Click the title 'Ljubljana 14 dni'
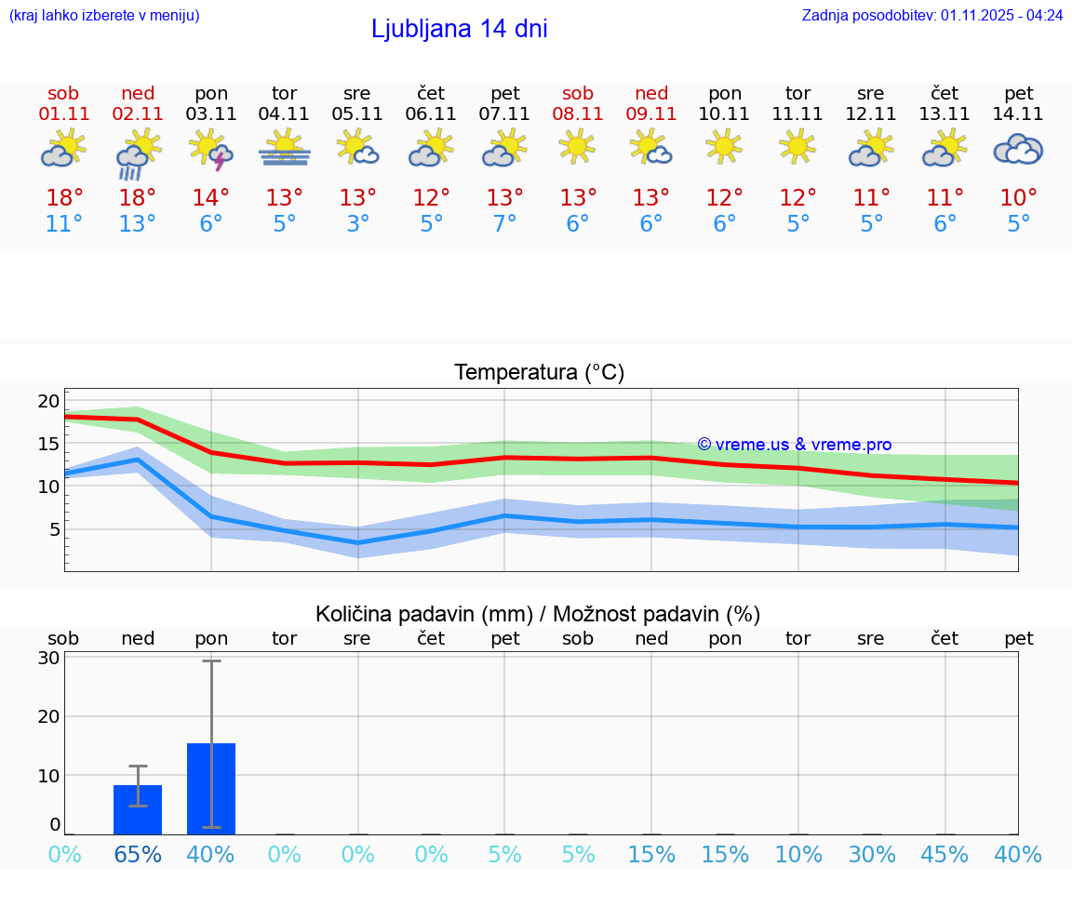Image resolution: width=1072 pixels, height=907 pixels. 459,29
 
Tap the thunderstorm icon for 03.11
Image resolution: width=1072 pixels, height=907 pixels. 211,150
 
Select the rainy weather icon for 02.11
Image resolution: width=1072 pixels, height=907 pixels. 138,153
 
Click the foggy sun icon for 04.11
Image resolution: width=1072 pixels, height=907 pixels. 285,149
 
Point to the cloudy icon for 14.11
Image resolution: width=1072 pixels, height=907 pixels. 1018,149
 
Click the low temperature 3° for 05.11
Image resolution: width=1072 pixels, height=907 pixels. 358,224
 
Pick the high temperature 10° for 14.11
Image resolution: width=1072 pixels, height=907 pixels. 1018,198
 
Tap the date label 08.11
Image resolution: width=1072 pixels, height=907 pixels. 577,114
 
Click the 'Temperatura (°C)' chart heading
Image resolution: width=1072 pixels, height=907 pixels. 539,373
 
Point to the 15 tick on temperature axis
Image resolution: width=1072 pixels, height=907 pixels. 48,444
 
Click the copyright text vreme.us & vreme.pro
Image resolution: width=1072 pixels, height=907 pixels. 794,445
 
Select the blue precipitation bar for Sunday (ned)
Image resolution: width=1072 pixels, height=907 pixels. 138,809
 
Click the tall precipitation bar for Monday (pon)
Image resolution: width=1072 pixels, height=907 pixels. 211,788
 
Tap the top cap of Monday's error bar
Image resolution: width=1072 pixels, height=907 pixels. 211,660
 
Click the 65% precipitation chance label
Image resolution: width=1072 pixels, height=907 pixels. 138,855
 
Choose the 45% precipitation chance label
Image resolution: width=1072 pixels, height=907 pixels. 945,855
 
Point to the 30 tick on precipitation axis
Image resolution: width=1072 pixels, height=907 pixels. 48,658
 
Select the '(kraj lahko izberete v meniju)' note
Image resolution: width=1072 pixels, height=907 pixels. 104,16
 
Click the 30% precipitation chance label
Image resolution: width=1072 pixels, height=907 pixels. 871,855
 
